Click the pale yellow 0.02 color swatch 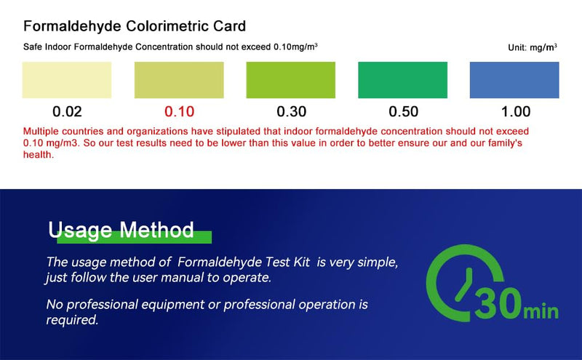tap(67, 80)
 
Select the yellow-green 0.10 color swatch tap(179, 80)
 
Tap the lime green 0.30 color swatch tap(291, 80)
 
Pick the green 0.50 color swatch tap(402, 80)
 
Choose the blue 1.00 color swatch tap(514, 80)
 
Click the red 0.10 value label tap(179, 112)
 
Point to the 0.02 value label tap(67, 112)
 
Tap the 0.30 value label tap(291, 112)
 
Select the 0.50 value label tap(403, 112)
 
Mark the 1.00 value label tap(515, 112)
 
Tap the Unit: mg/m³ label tap(533, 47)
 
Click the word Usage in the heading tap(80, 231)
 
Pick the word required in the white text tap(71, 319)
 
